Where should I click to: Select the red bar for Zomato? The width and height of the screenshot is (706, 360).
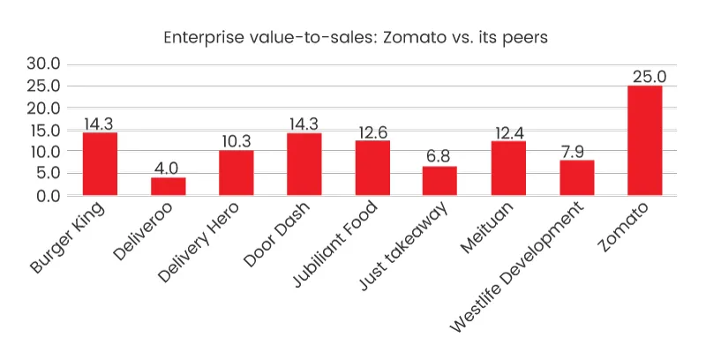tap(645, 140)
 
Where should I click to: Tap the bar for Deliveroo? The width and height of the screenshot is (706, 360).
tap(169, 186)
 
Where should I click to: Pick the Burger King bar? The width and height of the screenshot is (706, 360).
tap(100, 164)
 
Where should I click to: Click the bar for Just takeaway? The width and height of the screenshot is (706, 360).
tap(440, 180)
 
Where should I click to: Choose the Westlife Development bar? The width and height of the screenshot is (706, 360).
tap(577, 177)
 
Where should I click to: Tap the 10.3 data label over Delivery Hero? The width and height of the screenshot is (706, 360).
tap(237, 141)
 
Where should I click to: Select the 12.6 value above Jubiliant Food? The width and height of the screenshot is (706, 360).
tap(372, 131)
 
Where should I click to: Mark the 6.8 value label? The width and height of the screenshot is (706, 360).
tap(440, 156)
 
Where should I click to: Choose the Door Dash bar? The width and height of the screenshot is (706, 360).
tap(304, 164)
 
